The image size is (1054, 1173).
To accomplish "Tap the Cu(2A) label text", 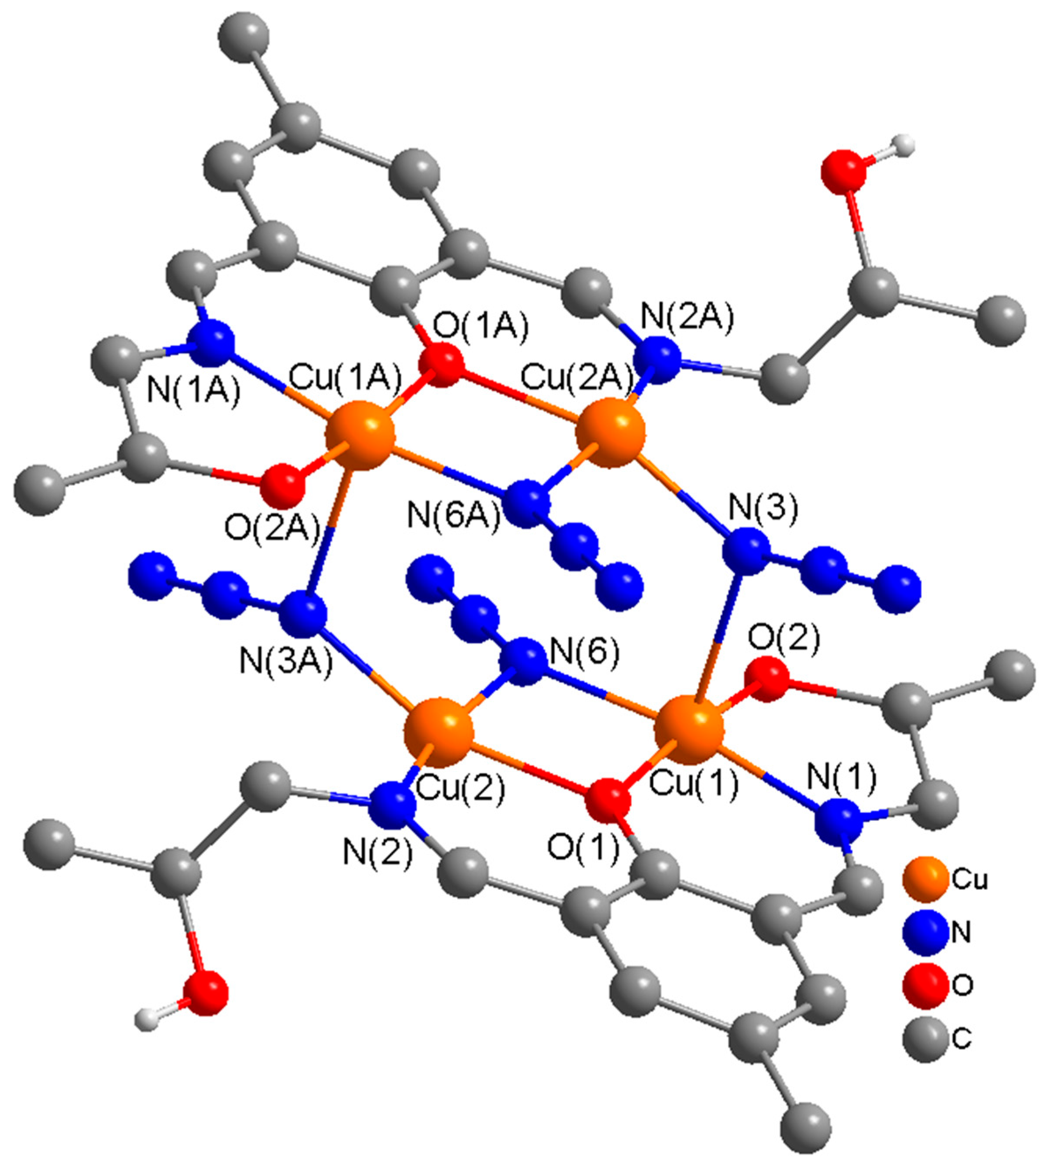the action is pyautogui.click(x=576, y=380).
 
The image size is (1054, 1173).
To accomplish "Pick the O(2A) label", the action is pyautogui.click(x=272, y=530).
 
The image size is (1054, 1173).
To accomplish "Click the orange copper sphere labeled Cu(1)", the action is pyautogui.click(x=690, y=731).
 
